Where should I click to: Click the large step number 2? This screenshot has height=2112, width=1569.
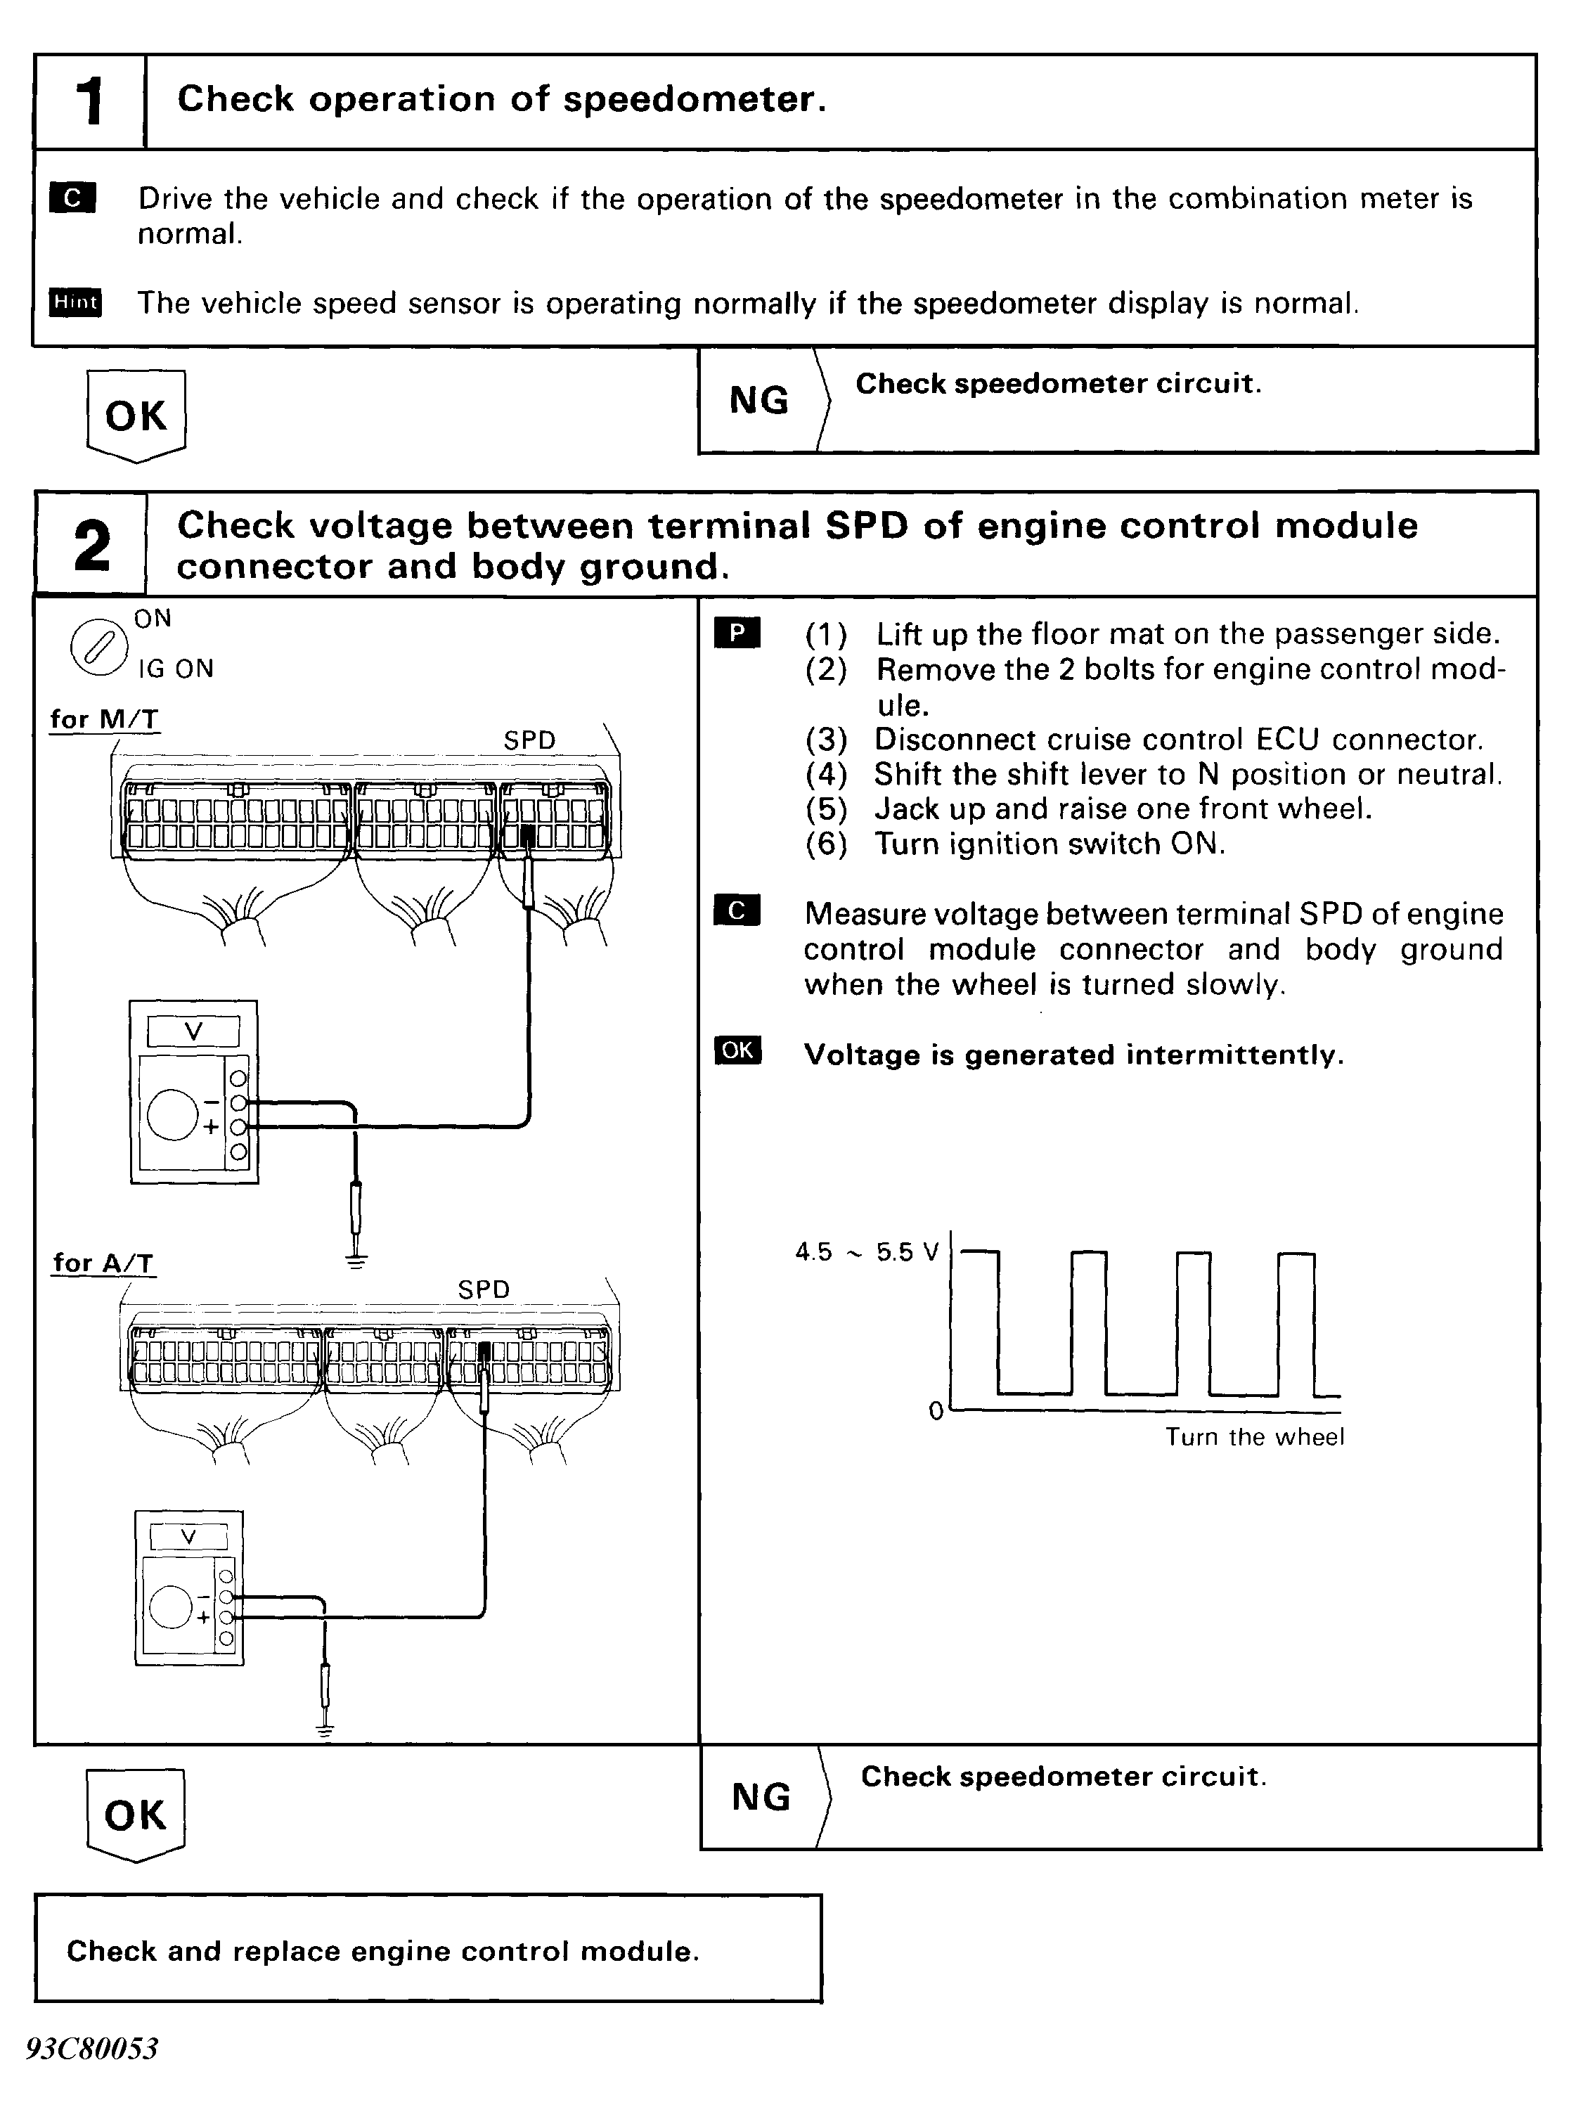point(91,545)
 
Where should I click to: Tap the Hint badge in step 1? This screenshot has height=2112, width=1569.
point(76,302)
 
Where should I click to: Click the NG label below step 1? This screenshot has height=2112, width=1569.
point(759,400)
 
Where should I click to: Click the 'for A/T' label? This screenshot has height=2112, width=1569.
point(103,1262)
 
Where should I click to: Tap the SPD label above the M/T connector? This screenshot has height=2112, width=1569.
point(529,740)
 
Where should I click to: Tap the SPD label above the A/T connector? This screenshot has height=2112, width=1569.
point(484,1289)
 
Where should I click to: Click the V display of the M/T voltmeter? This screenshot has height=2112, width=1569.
point(194,1031)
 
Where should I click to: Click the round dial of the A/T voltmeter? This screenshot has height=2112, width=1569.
point(172,1606)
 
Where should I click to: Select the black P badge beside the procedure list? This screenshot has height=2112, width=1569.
point(737,633)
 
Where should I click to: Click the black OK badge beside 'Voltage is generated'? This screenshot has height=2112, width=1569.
point(737,1050)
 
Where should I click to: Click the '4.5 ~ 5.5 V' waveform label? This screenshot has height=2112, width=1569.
point(866,1251)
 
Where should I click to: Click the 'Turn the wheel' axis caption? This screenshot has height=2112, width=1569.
point(1255,1437)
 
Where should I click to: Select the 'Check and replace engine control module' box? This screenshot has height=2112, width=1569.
point(428,1950)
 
